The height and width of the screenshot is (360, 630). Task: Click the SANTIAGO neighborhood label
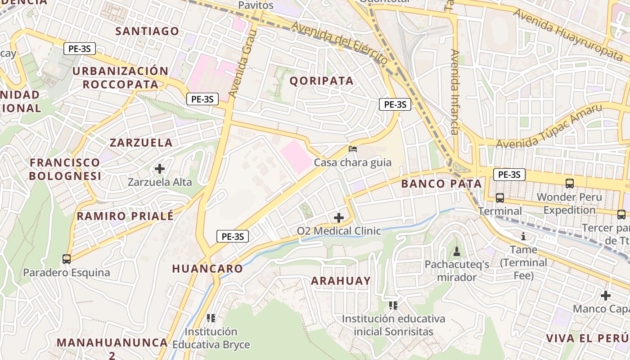click(147, 31)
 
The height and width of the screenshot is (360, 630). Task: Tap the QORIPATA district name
click(321, 81)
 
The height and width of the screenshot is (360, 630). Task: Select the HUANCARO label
click(207, 269)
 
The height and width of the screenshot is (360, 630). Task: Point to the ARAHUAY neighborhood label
click(341, 281)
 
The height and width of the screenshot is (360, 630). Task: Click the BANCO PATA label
click(441, 184)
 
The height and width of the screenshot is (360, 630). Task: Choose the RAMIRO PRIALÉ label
click(125, 216)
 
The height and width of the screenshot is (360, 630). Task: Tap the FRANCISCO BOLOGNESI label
click(65, 169)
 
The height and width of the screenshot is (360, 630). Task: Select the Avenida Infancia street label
click(455, 92)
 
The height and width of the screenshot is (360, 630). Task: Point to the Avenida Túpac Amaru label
click(549, 126)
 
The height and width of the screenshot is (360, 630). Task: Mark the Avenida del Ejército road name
click(339, 43)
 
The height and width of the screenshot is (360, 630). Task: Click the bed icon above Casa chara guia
click(353, 149)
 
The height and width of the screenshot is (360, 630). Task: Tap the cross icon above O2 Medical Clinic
click(338, 218)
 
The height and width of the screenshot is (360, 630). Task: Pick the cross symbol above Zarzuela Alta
click(159, 169)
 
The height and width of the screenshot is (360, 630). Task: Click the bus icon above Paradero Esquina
click(67, 259)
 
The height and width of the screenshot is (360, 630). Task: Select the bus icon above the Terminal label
click(499, 198)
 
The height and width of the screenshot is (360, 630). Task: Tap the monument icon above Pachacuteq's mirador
click(457, 251)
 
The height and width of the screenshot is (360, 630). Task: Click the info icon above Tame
click(523, 236)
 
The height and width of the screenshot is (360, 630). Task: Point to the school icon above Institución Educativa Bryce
click(211, 318)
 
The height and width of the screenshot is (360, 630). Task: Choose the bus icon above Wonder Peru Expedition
click(570, 184)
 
